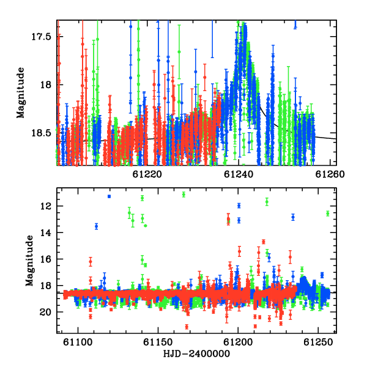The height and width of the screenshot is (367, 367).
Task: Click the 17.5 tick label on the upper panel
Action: (x=42, y=37)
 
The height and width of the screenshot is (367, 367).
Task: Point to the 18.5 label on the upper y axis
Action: (x=42, y=133)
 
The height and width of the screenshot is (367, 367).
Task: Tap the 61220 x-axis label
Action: (x=147, y=174)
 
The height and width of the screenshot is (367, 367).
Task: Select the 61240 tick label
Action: (x=239, y=174)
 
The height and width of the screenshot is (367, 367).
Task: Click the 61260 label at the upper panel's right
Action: (x=330, y=174)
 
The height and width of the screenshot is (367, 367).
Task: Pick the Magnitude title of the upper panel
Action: (x=21, y=93)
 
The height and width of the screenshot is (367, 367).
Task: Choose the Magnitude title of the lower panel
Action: (x=29, y=261)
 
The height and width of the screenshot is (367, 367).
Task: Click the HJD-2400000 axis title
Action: (x=196, y=354)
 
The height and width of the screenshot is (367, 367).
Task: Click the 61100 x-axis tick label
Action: (x=78, y=343)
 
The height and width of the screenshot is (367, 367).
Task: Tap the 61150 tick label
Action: (x=158, y=343)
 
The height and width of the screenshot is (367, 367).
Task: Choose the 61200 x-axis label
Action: (x=239, y=343)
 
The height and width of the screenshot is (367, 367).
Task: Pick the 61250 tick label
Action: (x=318, y=343)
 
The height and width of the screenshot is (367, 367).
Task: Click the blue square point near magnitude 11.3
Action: (x=109, y=196)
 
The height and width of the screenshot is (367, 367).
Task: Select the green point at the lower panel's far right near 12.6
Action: (x=328, y=213)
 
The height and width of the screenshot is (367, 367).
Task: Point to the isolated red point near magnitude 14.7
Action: (x=264, y=242)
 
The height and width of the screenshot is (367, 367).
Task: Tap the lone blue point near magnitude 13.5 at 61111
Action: (x=97, y=226)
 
